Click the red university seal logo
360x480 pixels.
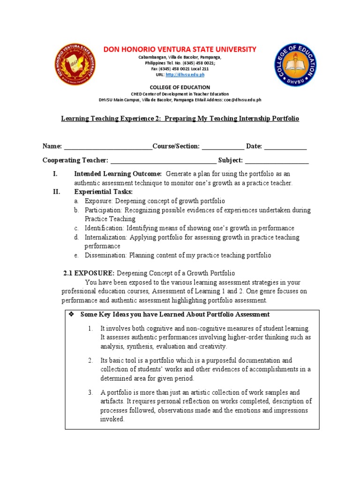pos(76,65)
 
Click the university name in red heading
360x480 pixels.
pos(180,49)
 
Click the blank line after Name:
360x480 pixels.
pos(108,147)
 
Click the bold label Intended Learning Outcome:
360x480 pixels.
pos(118,173)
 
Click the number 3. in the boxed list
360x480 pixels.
pos(90,392)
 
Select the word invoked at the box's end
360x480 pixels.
pos(112,419)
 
